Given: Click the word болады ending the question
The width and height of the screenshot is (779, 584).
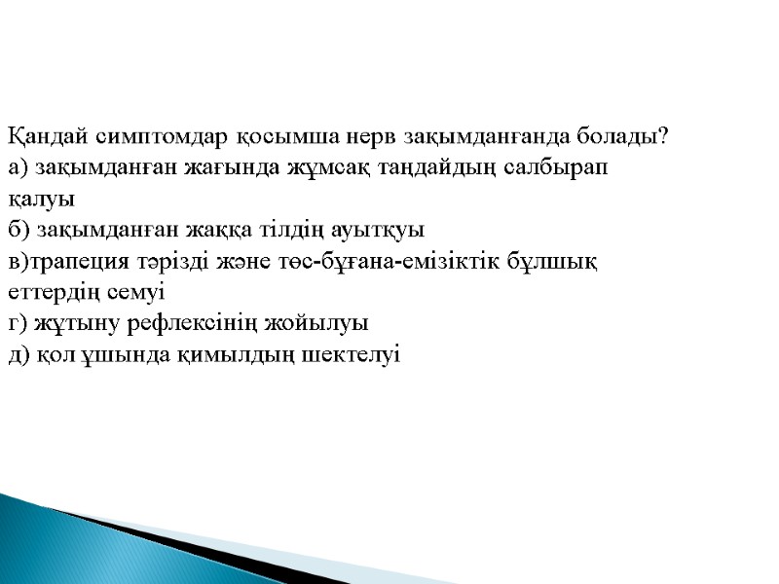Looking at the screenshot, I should pos(623,136).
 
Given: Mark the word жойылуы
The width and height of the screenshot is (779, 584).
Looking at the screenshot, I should pos(322,323).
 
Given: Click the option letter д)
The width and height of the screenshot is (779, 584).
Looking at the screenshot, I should pos(19,354).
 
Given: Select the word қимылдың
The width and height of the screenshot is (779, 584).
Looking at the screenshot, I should pos(199,354).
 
